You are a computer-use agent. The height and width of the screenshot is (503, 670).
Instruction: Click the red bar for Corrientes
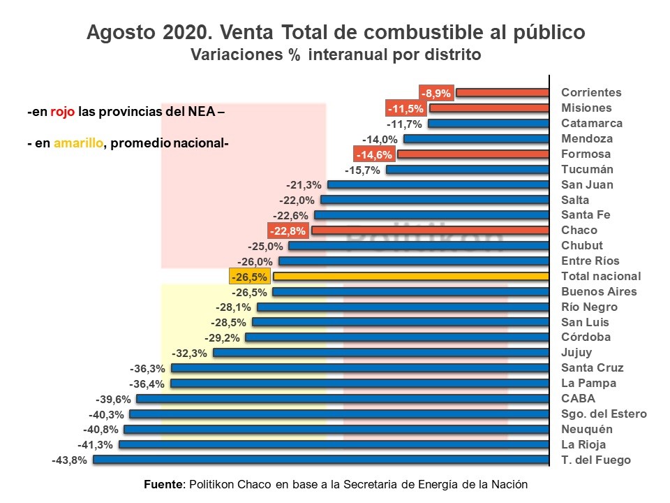502,92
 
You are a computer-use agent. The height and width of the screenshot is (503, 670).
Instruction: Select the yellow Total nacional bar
411,277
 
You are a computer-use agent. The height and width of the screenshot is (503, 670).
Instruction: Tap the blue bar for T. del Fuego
321,460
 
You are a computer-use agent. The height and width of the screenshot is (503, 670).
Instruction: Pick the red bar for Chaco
431,231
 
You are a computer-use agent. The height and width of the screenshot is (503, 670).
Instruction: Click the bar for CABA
343,399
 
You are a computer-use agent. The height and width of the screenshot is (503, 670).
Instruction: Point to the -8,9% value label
436,92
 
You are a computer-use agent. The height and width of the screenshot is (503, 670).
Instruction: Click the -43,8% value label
69,460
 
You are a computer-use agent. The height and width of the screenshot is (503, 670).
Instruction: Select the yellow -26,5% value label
249,277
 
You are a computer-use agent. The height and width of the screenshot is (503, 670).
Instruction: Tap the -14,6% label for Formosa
374,154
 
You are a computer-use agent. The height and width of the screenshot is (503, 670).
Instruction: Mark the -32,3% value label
189,353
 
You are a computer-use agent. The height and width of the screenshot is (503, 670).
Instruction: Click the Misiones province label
586,108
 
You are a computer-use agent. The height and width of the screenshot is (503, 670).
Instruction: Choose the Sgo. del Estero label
604,414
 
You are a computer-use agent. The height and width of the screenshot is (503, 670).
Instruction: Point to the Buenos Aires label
599,291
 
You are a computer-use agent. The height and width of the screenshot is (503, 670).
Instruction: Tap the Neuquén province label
586,429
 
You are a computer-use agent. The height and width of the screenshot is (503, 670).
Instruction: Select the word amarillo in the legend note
77,143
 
